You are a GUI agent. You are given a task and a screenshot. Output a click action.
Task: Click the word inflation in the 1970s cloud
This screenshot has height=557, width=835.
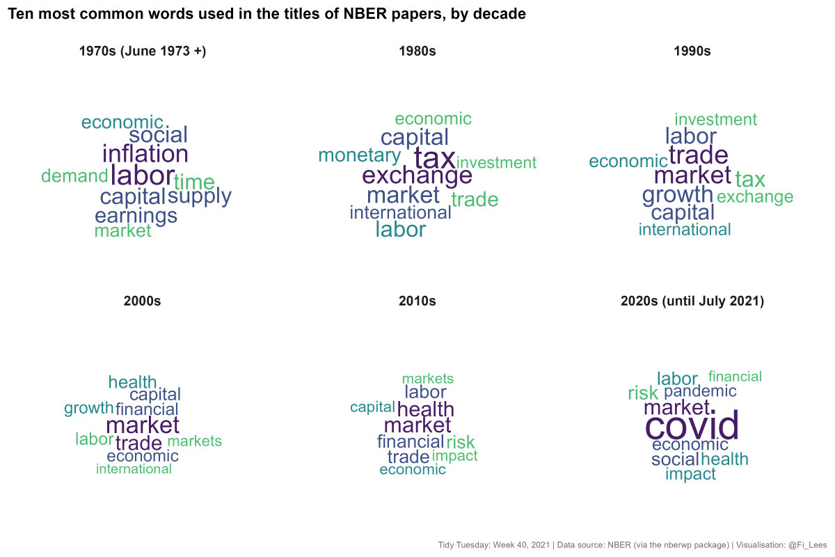pos(145,154)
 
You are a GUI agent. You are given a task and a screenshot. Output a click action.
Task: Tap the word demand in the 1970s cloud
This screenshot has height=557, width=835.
pos(74,176)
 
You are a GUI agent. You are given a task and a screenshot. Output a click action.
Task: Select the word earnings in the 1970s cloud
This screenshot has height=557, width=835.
pos(136,216)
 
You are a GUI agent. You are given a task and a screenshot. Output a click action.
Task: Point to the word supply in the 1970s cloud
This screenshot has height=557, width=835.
pos(200,197)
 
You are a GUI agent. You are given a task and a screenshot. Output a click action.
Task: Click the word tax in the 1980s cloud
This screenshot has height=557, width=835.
pos(435,157)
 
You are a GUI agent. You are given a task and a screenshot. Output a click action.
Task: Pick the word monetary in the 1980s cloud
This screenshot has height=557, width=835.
pos(359,155)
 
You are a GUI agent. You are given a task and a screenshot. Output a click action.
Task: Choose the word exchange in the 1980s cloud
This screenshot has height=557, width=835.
pos(417,175)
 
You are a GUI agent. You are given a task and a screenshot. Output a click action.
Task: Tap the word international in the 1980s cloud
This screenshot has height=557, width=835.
pos(400,212)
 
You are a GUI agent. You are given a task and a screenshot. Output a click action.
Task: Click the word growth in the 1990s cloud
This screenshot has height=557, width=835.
pos(677,195)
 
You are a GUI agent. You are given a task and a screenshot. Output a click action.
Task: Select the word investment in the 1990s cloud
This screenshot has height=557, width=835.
pos(715,119)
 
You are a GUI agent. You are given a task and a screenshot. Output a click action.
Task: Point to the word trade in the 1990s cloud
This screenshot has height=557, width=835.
pos(698,155)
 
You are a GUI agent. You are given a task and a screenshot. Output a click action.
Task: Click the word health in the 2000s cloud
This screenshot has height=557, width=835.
pos(132,382)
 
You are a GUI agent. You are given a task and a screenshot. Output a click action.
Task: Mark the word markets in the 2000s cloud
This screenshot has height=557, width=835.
pos(194,441)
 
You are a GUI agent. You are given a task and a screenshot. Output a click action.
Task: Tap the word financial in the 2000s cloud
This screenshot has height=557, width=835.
pos(147,409)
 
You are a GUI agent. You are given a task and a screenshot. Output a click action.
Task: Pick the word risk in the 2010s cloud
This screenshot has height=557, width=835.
pos(461,441)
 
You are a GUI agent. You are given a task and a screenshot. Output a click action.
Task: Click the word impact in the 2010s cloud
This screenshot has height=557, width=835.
pos(455,456)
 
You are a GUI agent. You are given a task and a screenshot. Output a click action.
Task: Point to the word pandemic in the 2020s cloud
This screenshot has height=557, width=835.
pos(700,391)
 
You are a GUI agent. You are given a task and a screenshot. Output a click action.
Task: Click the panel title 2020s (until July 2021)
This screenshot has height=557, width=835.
pos(692,301)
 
